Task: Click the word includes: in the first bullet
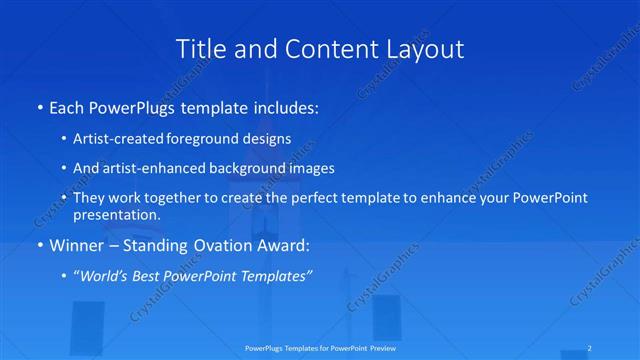tap(284, 105)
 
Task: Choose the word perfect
tap(309, 198)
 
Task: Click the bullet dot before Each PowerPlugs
tap(39, 106)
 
